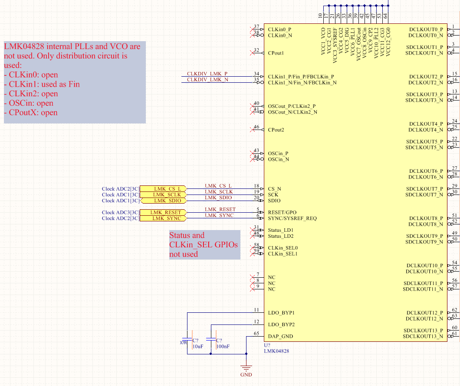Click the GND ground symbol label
coord(246,375)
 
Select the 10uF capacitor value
coord(198,347)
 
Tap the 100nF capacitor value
coord(223,347)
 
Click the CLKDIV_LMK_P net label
coord(207,74)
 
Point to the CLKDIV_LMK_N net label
coord(207,80)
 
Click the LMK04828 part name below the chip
coord(276,351)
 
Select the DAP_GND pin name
coord(280,336)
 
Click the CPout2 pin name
coord(276,130)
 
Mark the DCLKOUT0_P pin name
coord(426,29)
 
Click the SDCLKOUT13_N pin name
coord(423,337)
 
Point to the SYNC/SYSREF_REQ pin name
coord(292,218)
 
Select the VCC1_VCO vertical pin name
coord(323,41)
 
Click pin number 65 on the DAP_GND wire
coord(256,334)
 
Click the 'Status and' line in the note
coord(187,236)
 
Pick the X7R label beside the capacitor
coord(183,343)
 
